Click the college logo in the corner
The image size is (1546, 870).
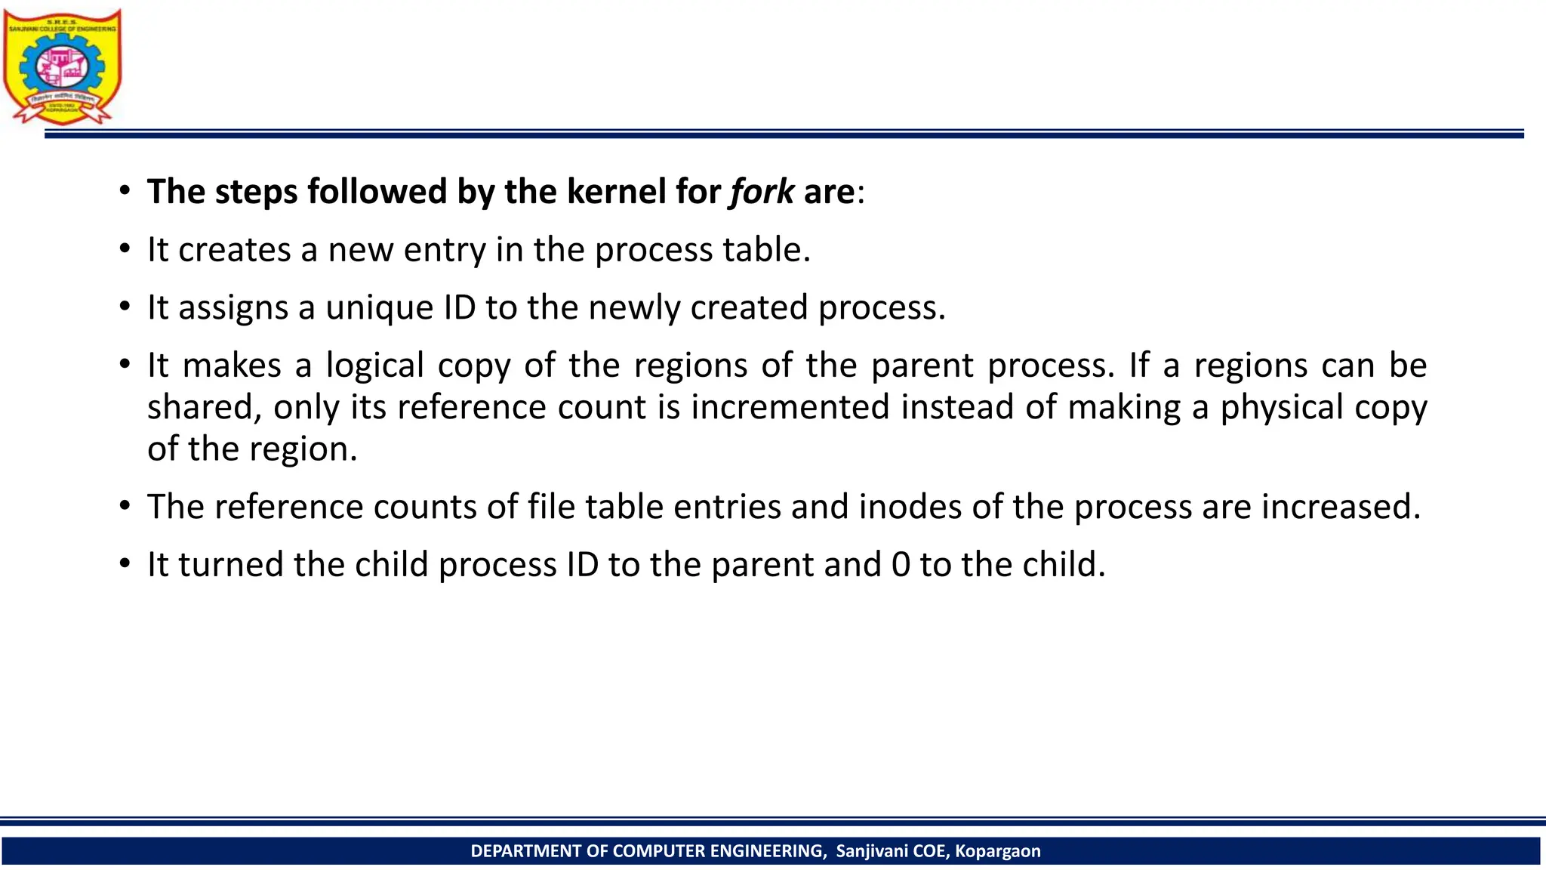62,66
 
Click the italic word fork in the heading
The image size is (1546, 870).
761,192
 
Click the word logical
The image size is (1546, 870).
375,366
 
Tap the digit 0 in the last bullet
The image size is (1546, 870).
901,565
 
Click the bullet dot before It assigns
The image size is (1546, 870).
125,308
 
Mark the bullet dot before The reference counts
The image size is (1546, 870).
125,507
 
